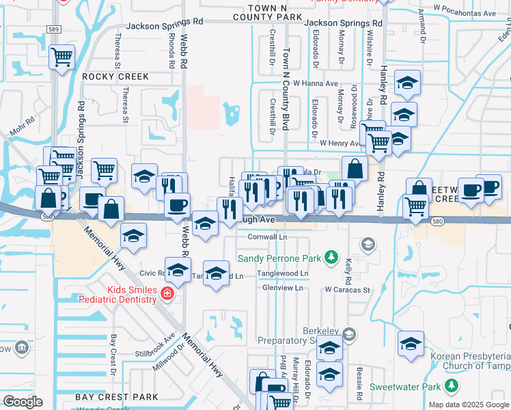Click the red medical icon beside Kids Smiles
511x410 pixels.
point(167,294)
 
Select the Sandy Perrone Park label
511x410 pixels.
point(279,258)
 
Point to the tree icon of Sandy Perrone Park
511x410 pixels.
point(331,257)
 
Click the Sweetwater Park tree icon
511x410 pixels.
point(451,387)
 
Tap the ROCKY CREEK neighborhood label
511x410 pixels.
point(115,77)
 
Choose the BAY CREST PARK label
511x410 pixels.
point(117,397)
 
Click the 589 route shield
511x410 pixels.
point(53,29)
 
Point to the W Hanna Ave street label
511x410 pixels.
point(316,83)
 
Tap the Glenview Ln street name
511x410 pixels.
point(282,288)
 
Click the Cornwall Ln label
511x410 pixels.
point(266,237)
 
